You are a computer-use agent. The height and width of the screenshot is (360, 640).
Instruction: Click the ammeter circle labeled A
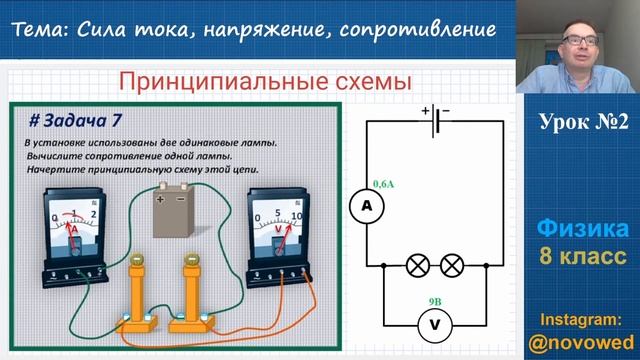coord(366,205)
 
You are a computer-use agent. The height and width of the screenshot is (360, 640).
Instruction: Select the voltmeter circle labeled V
coord(432,323)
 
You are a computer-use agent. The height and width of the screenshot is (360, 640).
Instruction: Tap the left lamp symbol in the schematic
coord(417,266)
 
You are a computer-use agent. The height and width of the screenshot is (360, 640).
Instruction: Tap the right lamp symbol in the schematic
coord(451,266)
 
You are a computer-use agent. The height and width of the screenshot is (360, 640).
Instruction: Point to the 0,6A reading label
coord(382,184)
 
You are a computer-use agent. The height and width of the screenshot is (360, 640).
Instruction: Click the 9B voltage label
coord(433,297)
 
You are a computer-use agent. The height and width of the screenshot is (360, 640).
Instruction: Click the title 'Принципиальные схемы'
coord(264,80)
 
